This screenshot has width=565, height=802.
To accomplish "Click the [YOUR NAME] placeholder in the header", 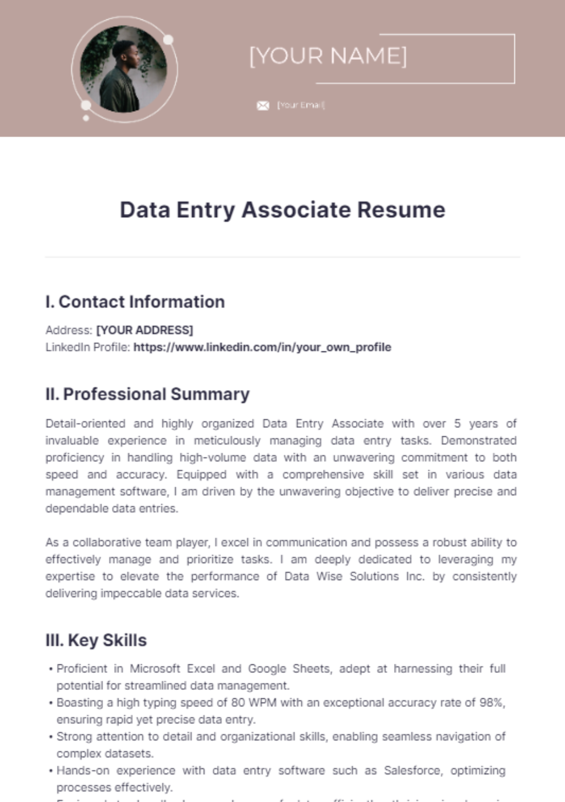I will pos(328,56).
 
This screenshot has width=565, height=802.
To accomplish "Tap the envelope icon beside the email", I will pos(263,106).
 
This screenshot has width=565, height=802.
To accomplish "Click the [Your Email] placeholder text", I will pos(301,105).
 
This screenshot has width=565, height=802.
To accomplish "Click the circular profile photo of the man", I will pos(124,69).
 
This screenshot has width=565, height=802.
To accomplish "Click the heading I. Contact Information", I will pos(135,302).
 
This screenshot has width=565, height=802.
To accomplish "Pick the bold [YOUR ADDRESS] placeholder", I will pos(145,330).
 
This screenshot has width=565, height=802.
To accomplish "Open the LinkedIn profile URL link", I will pos(262,347).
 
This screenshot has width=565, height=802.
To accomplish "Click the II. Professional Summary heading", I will pos(147,394).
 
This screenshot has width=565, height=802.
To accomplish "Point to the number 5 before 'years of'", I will pos(457,424).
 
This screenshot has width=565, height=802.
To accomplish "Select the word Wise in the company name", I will pos(329,576).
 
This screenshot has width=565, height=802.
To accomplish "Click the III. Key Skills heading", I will pos(96,640).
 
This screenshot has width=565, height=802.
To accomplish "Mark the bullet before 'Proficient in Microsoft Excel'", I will pos(50,669).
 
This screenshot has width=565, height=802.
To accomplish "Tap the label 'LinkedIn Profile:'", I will pos(88,347).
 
